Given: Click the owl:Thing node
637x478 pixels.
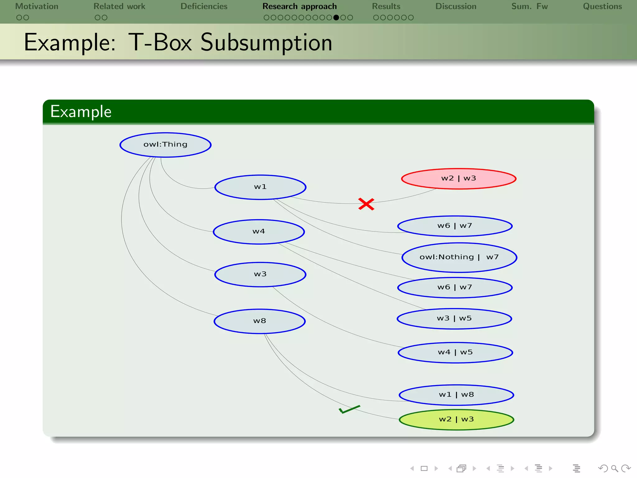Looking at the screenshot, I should [165, 145].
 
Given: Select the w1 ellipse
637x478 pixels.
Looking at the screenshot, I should [260, 187].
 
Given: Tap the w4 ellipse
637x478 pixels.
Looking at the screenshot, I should [259, 232].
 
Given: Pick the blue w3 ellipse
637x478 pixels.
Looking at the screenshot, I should [260, 274].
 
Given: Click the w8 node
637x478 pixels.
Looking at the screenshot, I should [260, 321].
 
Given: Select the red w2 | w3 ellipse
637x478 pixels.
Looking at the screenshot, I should [458, 179].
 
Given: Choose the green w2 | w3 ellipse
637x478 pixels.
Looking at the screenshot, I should [456, 419].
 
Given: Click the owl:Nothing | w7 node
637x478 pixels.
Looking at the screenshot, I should [459, 257].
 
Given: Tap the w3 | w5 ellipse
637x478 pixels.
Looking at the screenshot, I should [454, 319].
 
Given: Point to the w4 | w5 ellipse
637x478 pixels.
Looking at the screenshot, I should [455, 353].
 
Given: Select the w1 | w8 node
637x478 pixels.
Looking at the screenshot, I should [456, 395].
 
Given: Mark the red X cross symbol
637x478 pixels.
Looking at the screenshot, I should [366, 204].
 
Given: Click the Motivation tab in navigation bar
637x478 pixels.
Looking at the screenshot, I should [37, 7].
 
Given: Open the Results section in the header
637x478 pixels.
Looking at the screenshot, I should [386, 7].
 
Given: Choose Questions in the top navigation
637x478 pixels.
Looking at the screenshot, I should [602, 7].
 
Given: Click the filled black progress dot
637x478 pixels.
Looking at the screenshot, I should [336, 18].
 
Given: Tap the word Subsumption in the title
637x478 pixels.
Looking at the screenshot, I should [266, 43].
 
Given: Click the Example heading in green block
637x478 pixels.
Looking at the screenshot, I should [81, 112].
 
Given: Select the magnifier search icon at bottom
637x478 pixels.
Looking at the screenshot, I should [614, 468].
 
